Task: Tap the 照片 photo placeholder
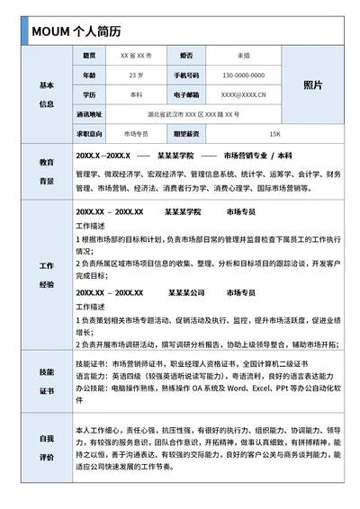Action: (312, 85)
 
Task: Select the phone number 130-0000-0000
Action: (243, 75)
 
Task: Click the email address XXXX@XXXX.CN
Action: (243, 94)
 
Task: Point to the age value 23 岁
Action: (136, 75)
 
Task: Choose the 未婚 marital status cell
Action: (243, 55)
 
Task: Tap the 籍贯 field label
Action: (88, 55)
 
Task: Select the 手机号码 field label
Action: (187, 75)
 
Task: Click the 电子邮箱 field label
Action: (187, 94)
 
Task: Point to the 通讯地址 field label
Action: (89, 114)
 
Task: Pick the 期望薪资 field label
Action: (187, 134)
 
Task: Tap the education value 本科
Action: (136, 94)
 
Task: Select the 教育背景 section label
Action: (47, 172)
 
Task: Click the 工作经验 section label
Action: (47, 275)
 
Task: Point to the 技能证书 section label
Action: (47, 381)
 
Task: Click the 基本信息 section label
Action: (47, 94)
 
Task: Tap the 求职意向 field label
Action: (89, 134)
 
